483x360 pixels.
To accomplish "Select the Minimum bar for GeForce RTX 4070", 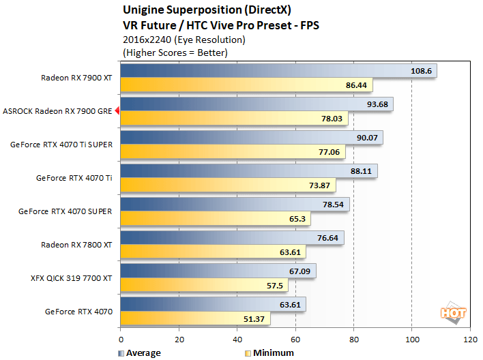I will point(196,319).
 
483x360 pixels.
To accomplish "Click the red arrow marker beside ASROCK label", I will point(118,110).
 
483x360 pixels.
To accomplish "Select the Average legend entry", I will point(140,352).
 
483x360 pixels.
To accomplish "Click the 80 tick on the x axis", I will point(353,339).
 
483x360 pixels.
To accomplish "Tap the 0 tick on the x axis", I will point(121,339).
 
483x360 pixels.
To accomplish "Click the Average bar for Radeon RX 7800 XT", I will point(232,237).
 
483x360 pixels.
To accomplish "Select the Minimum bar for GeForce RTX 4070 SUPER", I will point(216,219).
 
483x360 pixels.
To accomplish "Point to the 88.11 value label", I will point(362,171).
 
